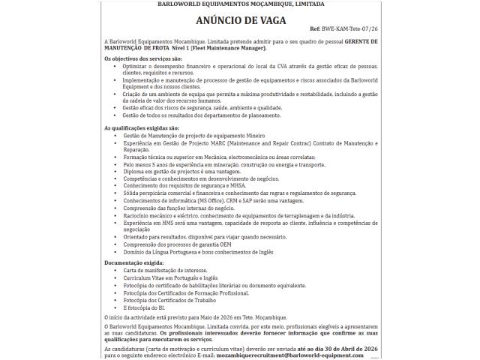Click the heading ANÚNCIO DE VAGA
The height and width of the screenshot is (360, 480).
(240, 20)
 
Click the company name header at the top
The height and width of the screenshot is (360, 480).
(240, 4)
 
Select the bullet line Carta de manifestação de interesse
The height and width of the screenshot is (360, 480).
(165, 270)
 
